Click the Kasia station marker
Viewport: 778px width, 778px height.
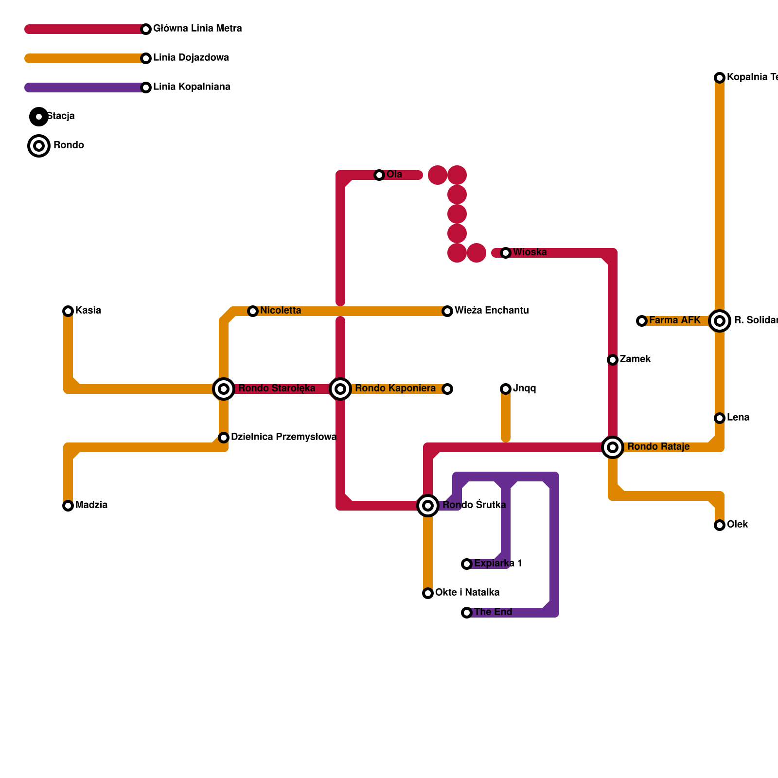[x=68, y=311]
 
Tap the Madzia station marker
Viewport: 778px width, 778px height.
[x=68, y=506]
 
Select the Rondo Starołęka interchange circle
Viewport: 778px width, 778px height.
[x=224, y=389]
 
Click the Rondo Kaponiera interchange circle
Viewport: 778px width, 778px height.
[x=340, y=389]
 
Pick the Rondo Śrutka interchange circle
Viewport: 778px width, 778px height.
[x=428, y=506]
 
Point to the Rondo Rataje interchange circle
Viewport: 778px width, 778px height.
[x=613, y=447]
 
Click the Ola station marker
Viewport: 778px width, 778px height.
[x=379, y=175]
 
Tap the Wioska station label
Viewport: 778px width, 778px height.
[x=530, y=252]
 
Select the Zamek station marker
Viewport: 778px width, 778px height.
[x=613, y=360]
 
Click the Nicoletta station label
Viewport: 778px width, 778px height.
[x=281, y=311]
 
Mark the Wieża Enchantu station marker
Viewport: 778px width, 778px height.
[x=447, y=311]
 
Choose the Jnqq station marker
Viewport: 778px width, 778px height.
[x=506, y=389]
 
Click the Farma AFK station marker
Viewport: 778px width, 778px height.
[x=642, y=321]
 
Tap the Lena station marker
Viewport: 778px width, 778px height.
[x=720, y=418]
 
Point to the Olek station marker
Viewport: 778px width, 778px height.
[x=720, y=525]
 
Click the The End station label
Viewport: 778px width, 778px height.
[x=493, y=612]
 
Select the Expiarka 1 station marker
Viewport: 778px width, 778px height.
[x=467, y=564]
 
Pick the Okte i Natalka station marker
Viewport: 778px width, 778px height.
[x=428, y=593]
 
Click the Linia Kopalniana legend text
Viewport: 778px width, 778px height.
[x=192, y=87]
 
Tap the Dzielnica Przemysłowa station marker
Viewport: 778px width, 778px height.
[x=224, y=438]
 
